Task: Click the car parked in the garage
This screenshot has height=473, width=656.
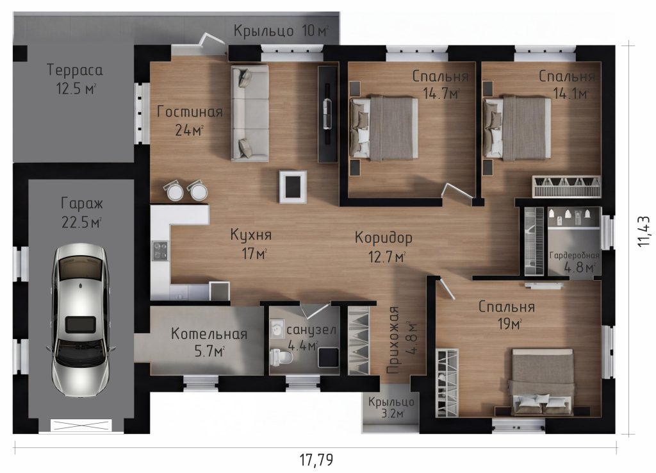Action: [x=79, y=320]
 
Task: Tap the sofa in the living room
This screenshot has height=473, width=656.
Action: [x=250, y=113]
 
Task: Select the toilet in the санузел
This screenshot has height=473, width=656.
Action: [x=282, y=357]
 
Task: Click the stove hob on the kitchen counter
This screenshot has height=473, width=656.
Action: [x=160, y=251]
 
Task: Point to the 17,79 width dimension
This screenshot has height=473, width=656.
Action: [x=316, y=460]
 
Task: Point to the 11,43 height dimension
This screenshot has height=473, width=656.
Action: [x=643, y=231]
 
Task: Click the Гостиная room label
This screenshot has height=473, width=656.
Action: [x=190, y=112]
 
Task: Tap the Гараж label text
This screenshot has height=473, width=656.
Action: [x=82, y=203]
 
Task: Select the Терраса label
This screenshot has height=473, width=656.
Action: [x=74, y=70]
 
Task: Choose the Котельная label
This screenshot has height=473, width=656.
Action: [x=209, y=334]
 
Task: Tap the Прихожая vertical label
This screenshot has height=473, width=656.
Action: [x=394, y=340]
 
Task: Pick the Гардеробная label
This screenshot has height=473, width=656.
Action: [x=575, y=255]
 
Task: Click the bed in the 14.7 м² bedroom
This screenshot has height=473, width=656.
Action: [x=384, y=129]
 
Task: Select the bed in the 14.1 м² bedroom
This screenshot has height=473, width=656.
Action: [x=517, y=128]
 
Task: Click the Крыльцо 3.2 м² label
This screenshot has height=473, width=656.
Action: [x=391, y=408]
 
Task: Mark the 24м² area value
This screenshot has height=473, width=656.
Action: [x=189, y=130]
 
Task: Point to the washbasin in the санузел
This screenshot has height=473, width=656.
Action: [x=277, y=329]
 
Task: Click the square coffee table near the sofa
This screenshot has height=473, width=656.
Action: [x=293, y=187]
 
